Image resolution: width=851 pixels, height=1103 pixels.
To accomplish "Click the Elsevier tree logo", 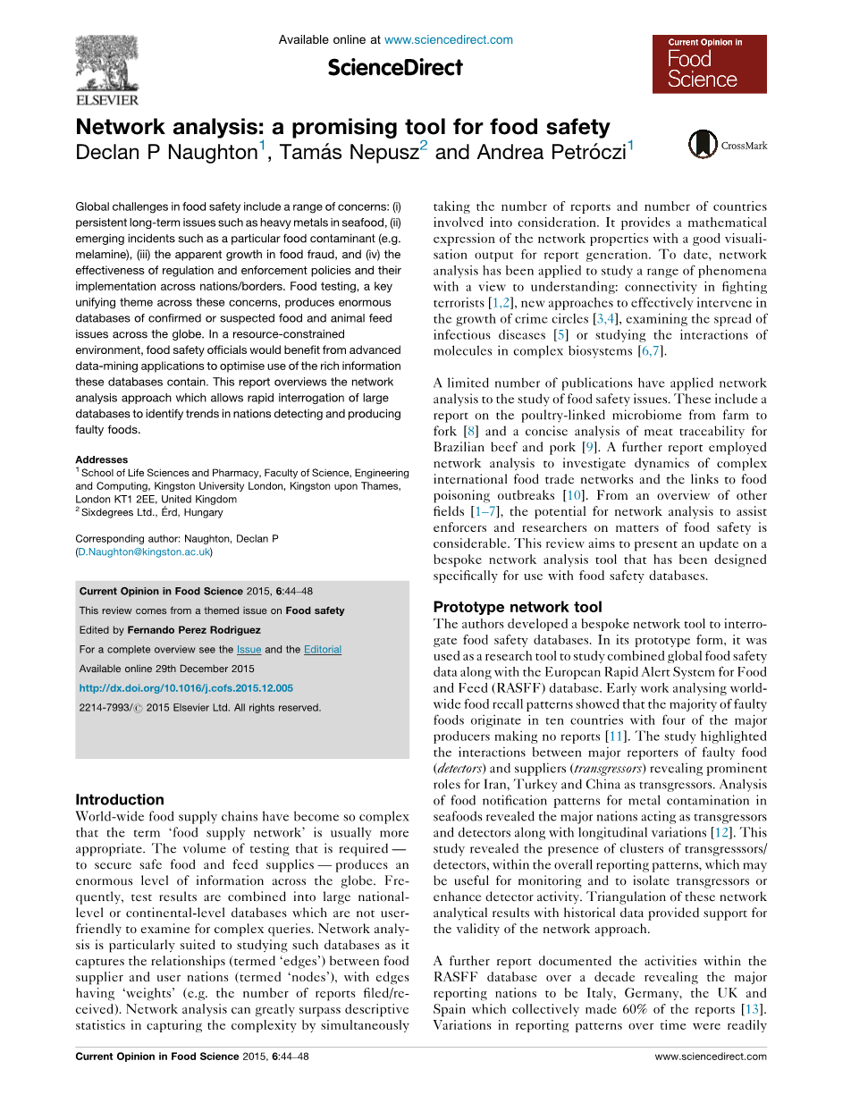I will coord(106,63).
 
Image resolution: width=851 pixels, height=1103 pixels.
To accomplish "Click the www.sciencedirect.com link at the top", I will coord(448,39).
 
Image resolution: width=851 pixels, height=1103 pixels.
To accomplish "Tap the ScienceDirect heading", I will coord(395,68).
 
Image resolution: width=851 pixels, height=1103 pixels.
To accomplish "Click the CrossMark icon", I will coord(704,146).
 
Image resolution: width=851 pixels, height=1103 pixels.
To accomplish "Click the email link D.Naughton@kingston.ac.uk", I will coord(144,552).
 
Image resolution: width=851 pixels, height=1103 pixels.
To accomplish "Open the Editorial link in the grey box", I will coord(323,650).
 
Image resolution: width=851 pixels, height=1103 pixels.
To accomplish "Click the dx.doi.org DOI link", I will coord(186,688).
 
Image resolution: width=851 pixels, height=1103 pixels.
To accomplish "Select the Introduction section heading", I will coord(120,799).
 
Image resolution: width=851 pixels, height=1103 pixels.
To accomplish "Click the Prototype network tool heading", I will coord(518,607).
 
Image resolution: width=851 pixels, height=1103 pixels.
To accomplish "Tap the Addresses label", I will coord(101,459).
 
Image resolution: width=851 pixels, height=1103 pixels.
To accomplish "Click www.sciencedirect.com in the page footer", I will coord(711,1057).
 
